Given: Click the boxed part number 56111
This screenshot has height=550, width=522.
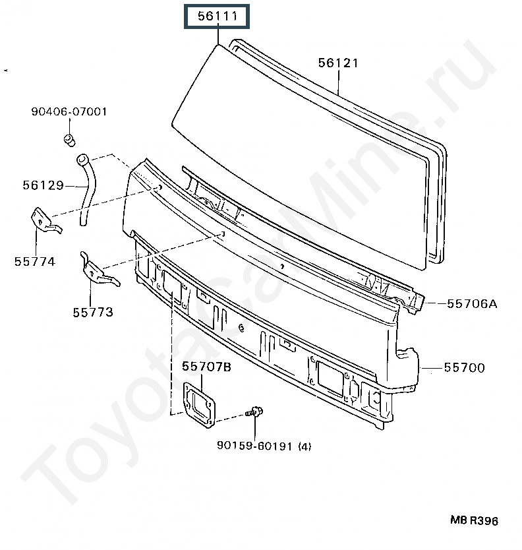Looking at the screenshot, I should point(217,16).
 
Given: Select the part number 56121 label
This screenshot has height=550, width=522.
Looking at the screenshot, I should point(338,63).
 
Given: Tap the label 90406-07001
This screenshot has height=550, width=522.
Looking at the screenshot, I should point(69,111).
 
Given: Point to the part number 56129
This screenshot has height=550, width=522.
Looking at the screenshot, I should point(42,185).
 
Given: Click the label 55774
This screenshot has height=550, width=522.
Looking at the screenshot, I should point(34,261).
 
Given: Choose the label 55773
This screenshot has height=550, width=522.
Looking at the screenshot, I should point(93,312).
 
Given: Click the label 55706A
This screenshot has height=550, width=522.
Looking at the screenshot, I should point(471,303).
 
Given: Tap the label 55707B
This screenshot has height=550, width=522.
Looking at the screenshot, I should point(207,367).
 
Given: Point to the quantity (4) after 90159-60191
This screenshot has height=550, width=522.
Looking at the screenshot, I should point(304,446).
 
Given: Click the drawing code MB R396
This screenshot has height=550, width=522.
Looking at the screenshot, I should point(475,521).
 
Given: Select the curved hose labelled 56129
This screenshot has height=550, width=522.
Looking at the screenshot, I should point(88,188).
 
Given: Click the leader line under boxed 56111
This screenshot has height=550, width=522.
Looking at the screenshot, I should point(217,36).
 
